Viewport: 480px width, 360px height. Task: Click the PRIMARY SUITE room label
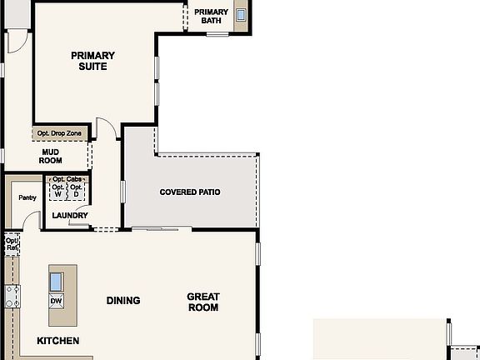tap(93, 61)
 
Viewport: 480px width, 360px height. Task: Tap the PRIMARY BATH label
tap(211, 17)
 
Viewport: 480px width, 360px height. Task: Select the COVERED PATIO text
tap(190, 192)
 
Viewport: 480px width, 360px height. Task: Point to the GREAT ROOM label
tap(202, 302)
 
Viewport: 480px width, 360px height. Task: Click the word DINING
tap(122, 301)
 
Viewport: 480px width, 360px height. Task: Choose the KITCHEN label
tap(58, 341)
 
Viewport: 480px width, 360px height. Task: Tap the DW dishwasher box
tap(57, 301)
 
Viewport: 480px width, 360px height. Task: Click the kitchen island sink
tap(57, 280)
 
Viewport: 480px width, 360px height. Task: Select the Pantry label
tap(27, 197)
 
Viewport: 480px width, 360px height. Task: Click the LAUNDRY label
tap(69, 216)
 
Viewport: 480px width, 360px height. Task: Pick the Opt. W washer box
tap(57, 191)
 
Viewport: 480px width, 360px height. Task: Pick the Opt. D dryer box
tap(76, 191)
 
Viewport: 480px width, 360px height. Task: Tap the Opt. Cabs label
tap(67, 179)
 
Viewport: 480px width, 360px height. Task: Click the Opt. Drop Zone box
tap(61, 132)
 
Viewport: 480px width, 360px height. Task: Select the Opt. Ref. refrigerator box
tap(11, 243)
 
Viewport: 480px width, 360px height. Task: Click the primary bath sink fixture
tap(241, 14)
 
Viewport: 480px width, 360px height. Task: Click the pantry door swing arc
tap(31, 221)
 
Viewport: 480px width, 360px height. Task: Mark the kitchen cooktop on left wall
tap(12, 296)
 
